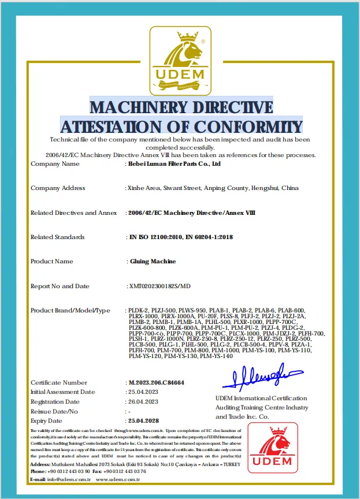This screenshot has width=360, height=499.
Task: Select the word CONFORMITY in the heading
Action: pos(251,126)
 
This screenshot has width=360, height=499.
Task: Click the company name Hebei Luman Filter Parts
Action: pos(174,164)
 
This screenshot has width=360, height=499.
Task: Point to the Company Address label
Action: pos(58,188)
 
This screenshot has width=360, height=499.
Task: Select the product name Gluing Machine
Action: pos(152,262)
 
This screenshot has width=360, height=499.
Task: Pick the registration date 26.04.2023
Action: pos(143,401)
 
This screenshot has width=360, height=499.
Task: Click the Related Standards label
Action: pos(57,237)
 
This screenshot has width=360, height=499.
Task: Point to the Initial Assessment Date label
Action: pos(62,392)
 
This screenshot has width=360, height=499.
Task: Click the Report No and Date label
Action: pos(60,286)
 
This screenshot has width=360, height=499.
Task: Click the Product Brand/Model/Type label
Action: pos(70,311)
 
